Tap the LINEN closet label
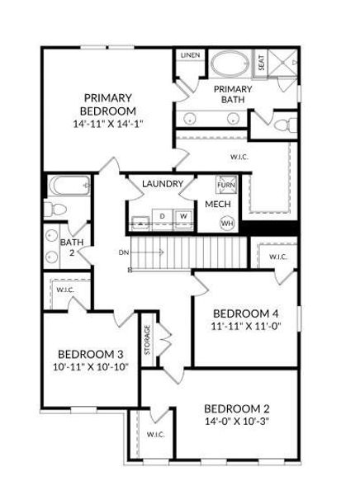pyautogui.click(x=190, y=55)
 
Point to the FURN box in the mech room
pyautogui.click(x=225, y=184)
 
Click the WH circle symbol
pyautogui.click(x=227, y=223)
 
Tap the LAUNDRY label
pyautogui.click(x=161, y=183)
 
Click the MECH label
pyautogui.click(x=217, y=205)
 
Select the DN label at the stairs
pyautogui.click(x=124, y=251)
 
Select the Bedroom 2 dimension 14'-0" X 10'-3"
pyautogui.click(x=237, y=422)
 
